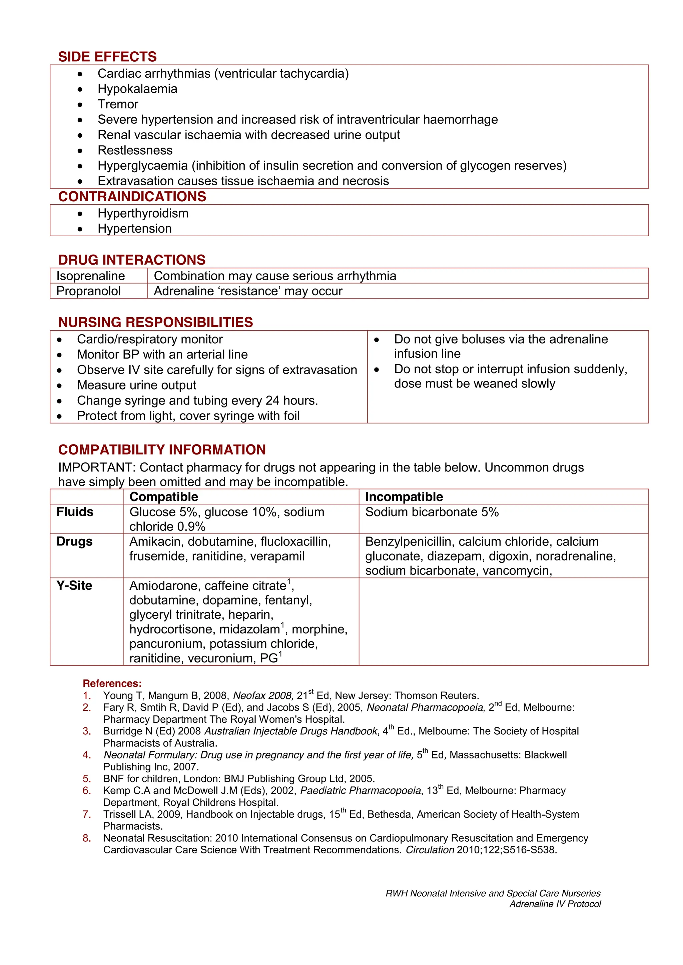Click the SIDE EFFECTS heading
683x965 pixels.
click(x=107, y=57)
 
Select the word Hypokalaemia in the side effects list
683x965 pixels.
click(x=137, y=89)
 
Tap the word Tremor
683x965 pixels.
click(x=118, y=104)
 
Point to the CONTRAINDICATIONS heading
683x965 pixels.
click(x=132, y=196)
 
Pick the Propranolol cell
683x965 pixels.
click(x=88, y=291)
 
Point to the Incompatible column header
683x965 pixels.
click(x=404, y=497)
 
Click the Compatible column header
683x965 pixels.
click(x=164, y=497)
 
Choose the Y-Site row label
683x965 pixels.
click(x=74, y=585)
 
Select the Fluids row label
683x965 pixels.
click(x=75, y=512)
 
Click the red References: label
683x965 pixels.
click(x=112, y=683)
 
